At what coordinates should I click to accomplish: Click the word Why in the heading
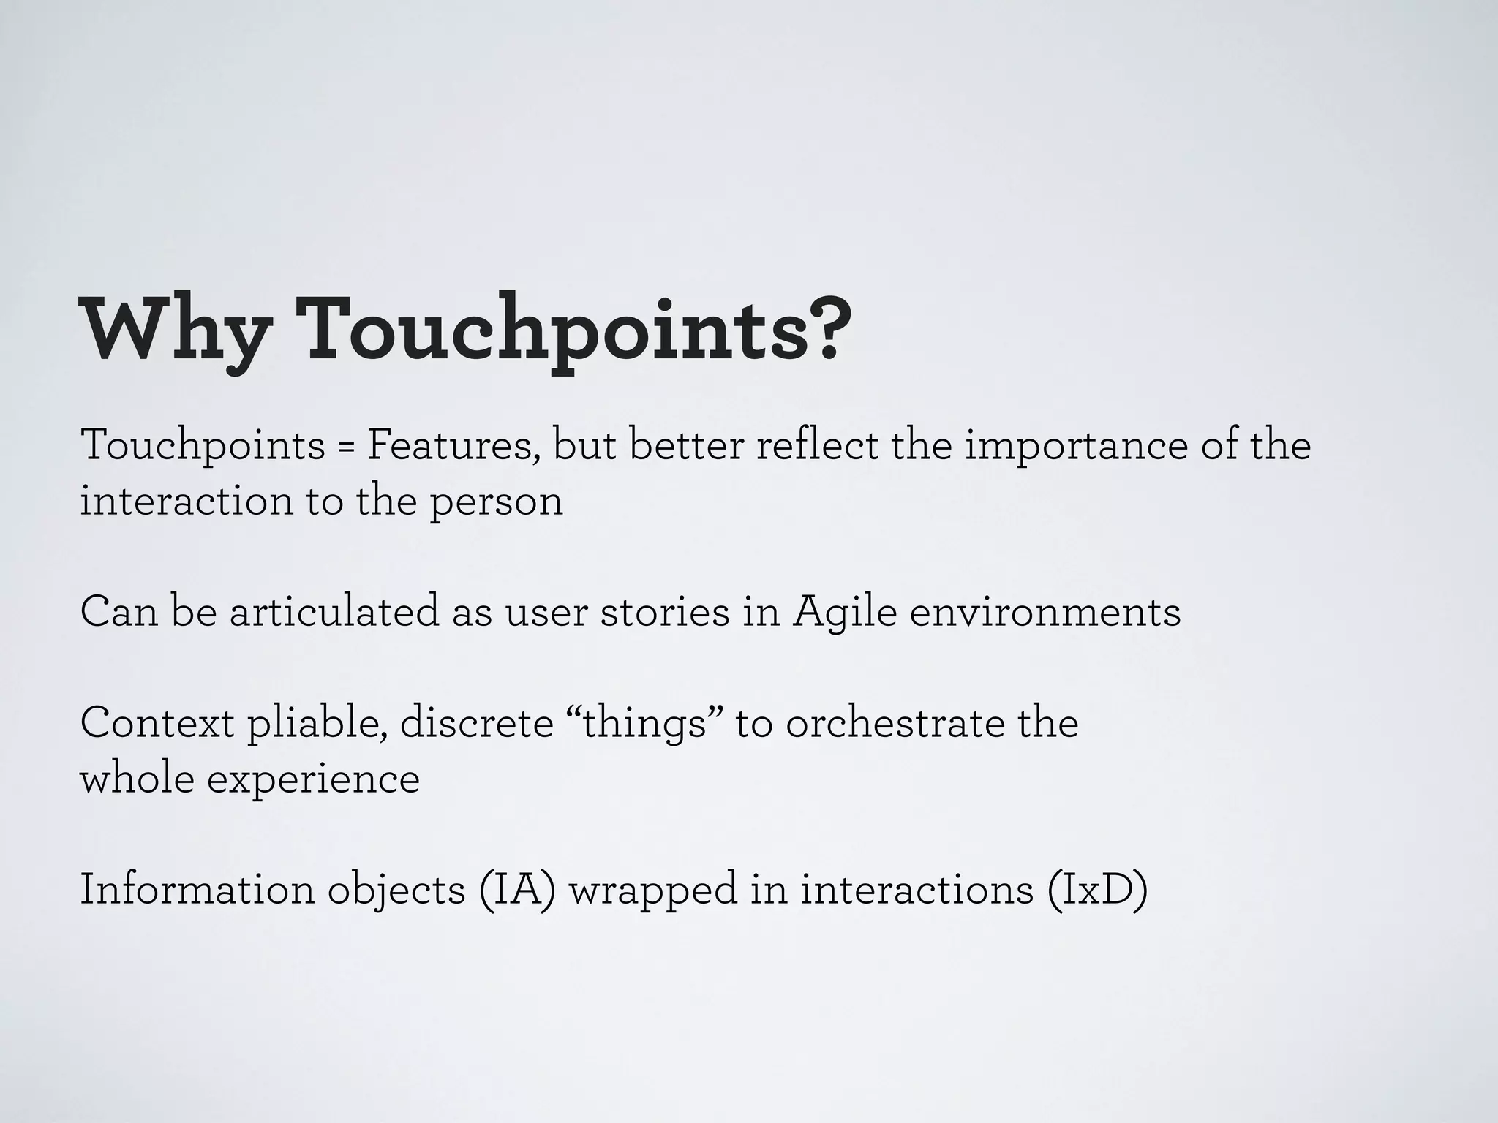174,329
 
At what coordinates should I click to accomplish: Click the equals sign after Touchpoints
345,446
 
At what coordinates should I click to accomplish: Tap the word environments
1045,611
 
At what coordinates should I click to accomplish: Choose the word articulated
334,611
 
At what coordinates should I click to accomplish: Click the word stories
665,611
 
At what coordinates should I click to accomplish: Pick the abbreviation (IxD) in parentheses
1096,890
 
